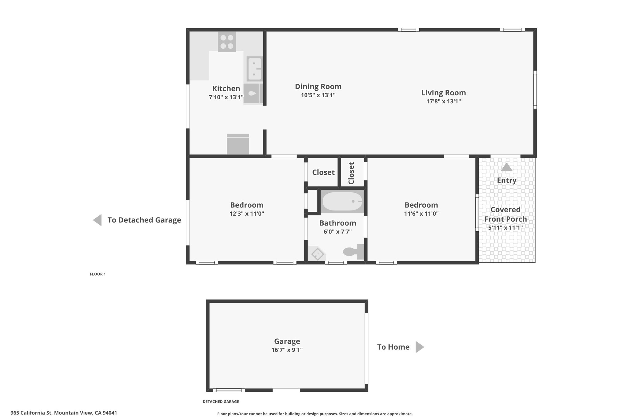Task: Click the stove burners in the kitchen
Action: point(227,42)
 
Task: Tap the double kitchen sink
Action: point(254,69)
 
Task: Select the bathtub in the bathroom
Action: point(342,201)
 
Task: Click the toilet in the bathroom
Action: point(354,252)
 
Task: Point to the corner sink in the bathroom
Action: point(317,254)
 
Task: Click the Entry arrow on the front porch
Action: point(507,167)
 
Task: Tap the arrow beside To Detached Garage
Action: point(98,220)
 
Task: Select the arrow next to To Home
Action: point(420,347)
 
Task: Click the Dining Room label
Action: point(318,87)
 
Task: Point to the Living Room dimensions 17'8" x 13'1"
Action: point(443,102)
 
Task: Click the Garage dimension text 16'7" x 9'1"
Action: point(287,350)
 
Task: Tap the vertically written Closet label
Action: point(351,173)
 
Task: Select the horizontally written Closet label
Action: point(323,172)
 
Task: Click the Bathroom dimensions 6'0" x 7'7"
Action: point(337,232)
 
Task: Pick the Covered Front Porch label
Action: point(505,214)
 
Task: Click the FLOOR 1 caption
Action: point(98,274)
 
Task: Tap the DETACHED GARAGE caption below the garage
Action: point(221,402)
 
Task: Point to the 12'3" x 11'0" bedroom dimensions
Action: point(247,214)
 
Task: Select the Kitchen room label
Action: point(226,89)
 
